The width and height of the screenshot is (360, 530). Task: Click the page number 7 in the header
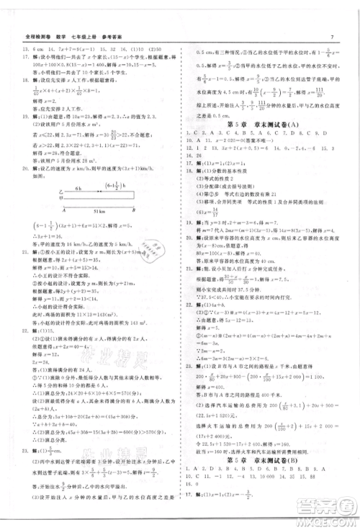(331, 17)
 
